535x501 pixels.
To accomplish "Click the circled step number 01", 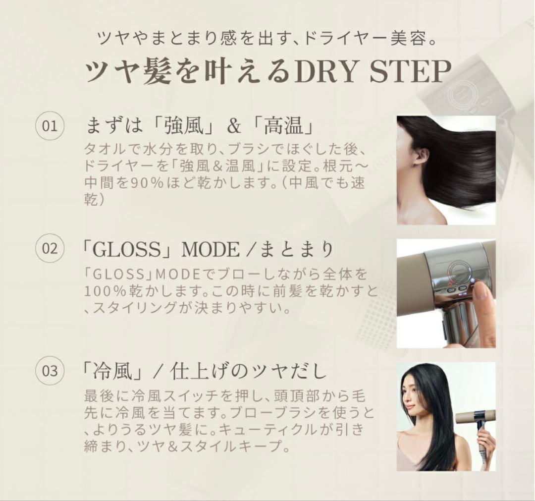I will coord(50,126).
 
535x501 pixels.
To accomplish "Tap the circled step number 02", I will coord(50,248).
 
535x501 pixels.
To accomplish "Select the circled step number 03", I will coord(50,371).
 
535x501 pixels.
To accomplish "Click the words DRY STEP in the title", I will coord(373,72).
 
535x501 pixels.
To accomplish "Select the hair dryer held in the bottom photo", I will coord(476,421).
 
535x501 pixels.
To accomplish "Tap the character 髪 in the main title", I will coord(163,72).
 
